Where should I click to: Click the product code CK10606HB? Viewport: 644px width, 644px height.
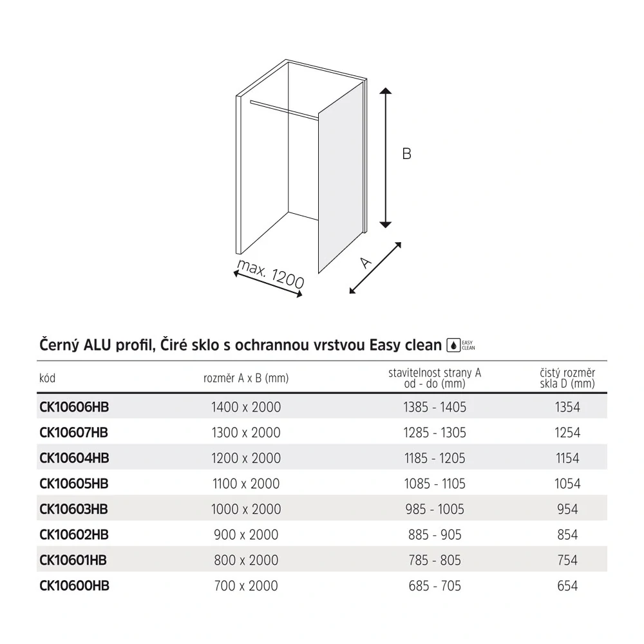point(74,407)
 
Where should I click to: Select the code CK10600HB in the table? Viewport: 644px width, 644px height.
point(74,585)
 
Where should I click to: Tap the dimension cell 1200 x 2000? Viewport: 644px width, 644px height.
point(246,458)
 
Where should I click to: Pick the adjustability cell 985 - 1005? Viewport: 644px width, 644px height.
point(435,509)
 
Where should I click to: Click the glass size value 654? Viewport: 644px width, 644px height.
point(567,585)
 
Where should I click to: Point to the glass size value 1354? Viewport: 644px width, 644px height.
point(567,407)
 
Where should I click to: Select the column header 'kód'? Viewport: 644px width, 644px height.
point(48,379)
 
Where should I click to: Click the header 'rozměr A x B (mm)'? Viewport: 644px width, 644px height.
point(246,379)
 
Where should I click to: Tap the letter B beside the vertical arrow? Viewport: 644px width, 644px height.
point(406,154)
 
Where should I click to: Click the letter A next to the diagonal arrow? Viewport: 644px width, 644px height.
point(366,262)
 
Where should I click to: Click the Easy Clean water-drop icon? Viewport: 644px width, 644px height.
point(453,345)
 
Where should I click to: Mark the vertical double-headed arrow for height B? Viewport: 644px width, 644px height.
point(385,158)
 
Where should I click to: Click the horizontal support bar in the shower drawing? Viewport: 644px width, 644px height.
point(283,109)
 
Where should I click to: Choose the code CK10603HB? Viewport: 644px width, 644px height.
point(74,509)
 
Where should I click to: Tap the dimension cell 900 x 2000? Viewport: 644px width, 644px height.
point(246,535)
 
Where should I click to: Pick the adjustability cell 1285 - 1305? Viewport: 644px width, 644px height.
point(435,432)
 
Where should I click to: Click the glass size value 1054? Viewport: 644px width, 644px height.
point(567,484)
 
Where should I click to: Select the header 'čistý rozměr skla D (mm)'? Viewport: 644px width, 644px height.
point(567,379)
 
